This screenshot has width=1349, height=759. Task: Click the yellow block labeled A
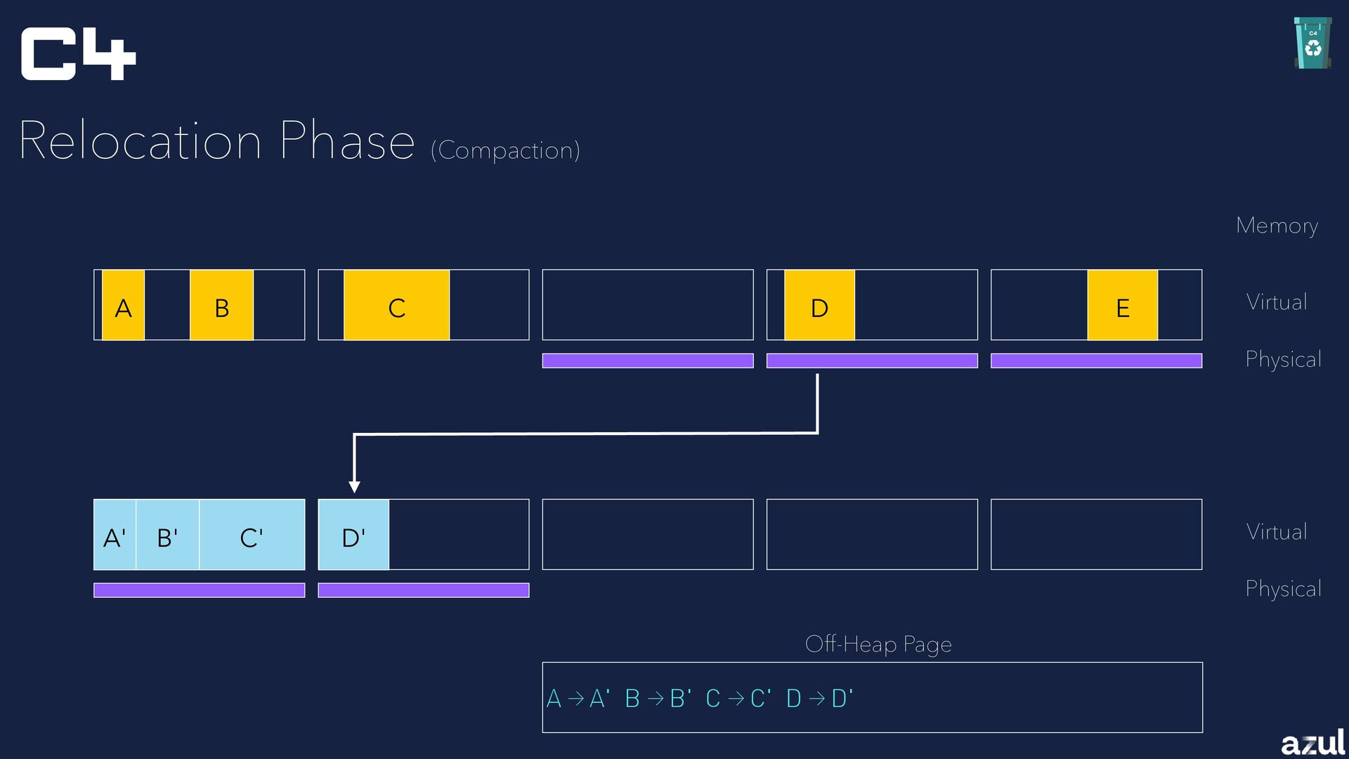click(124, 306)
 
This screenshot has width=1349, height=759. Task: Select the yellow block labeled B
click(221, 306)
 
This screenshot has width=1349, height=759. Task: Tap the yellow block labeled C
click(396, 306)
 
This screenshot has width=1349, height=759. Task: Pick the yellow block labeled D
click(819, 306)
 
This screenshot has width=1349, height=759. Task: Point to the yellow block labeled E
click(1122, 306)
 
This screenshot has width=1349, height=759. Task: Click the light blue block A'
click(115, 535)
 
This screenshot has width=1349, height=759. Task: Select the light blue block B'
click(167, 535)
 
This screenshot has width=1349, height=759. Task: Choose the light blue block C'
click(252, 535)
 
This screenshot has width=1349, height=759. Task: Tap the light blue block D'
click(353, 535)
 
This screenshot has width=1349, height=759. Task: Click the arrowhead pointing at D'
click(355, 486)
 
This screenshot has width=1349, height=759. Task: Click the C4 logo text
click(77, 54)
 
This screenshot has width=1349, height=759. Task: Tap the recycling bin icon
click(1312, 44)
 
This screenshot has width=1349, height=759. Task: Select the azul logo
click(1312, 742)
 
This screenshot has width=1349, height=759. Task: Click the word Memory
click(1277, 226)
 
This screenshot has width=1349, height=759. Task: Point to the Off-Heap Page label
click(878, 644)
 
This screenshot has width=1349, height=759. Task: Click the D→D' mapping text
click(819, 699)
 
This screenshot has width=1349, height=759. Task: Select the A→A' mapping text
click(578, 699)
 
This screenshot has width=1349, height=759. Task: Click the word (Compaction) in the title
click(505, 150)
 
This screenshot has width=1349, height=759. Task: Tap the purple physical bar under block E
click(1096, 361)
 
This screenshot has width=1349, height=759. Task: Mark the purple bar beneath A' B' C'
click(199, 590)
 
